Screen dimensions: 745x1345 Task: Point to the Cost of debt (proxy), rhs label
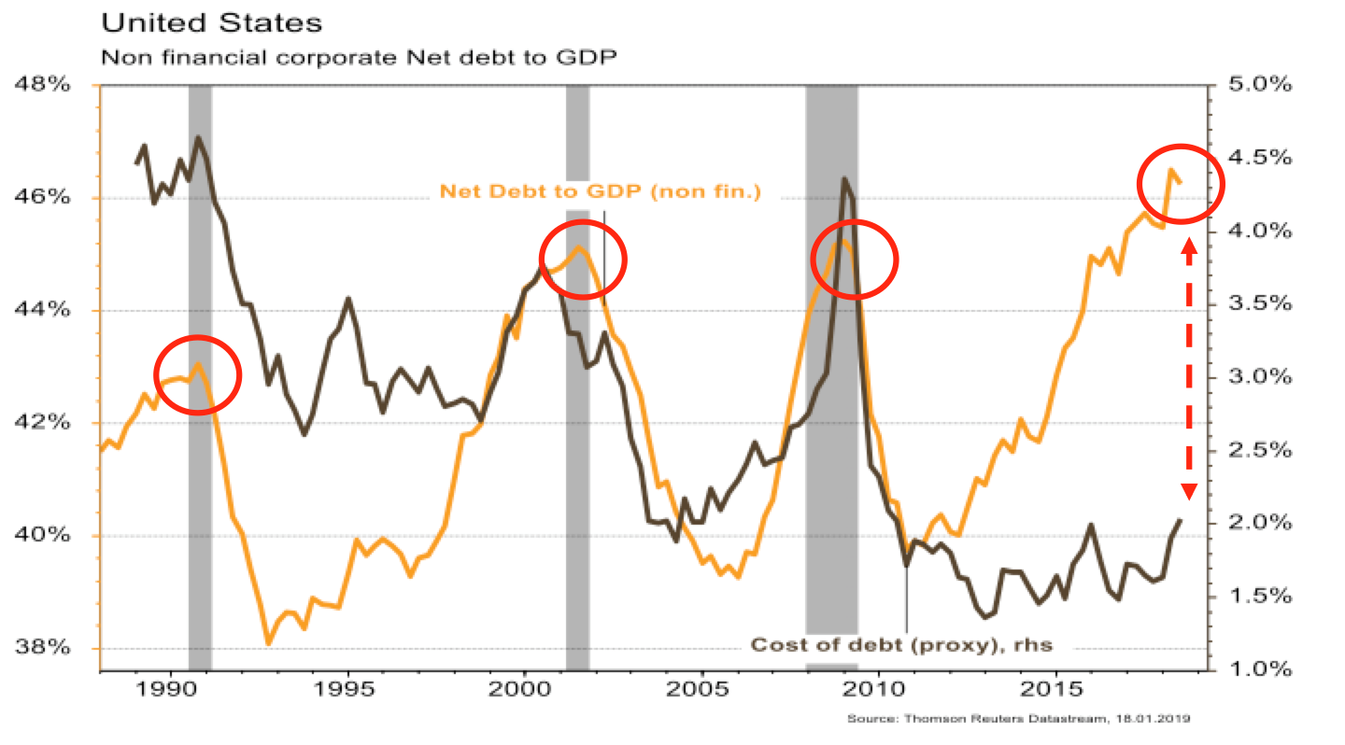point(902,644)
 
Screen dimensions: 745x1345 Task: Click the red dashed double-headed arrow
point(1189,369)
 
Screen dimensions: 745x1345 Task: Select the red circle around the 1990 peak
point(197,375)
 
